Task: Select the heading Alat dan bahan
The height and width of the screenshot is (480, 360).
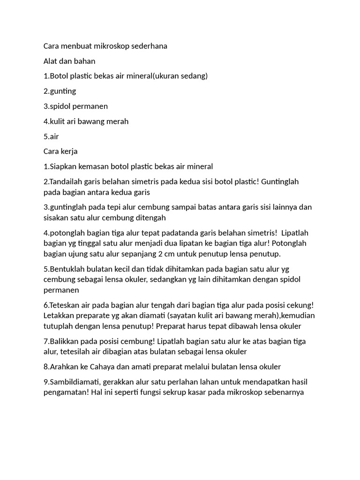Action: pos(69,61)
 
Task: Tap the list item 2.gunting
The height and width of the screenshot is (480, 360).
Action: pos(60,91)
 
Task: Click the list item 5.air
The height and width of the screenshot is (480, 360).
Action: pos(51,136)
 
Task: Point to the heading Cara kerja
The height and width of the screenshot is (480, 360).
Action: pos(60,151)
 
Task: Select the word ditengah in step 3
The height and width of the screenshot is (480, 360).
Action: pos(151,218)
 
